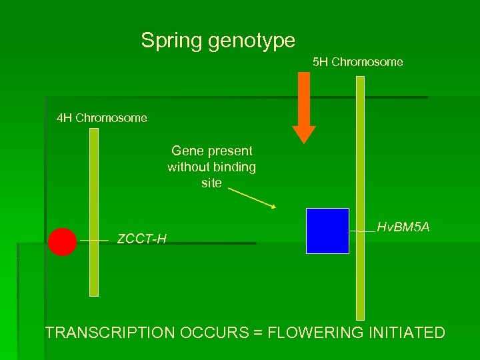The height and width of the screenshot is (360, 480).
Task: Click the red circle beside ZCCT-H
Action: coord(62,242)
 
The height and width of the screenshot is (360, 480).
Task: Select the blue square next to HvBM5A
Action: coord(327,231)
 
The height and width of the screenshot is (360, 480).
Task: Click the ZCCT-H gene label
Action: coord(141,239)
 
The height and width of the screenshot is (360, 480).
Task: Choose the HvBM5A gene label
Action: coord(403,228)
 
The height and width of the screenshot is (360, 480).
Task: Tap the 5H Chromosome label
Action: coord(358,62)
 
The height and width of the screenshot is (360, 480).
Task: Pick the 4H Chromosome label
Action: coord(102,118)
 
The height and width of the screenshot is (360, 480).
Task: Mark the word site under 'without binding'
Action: coord(211,183)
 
